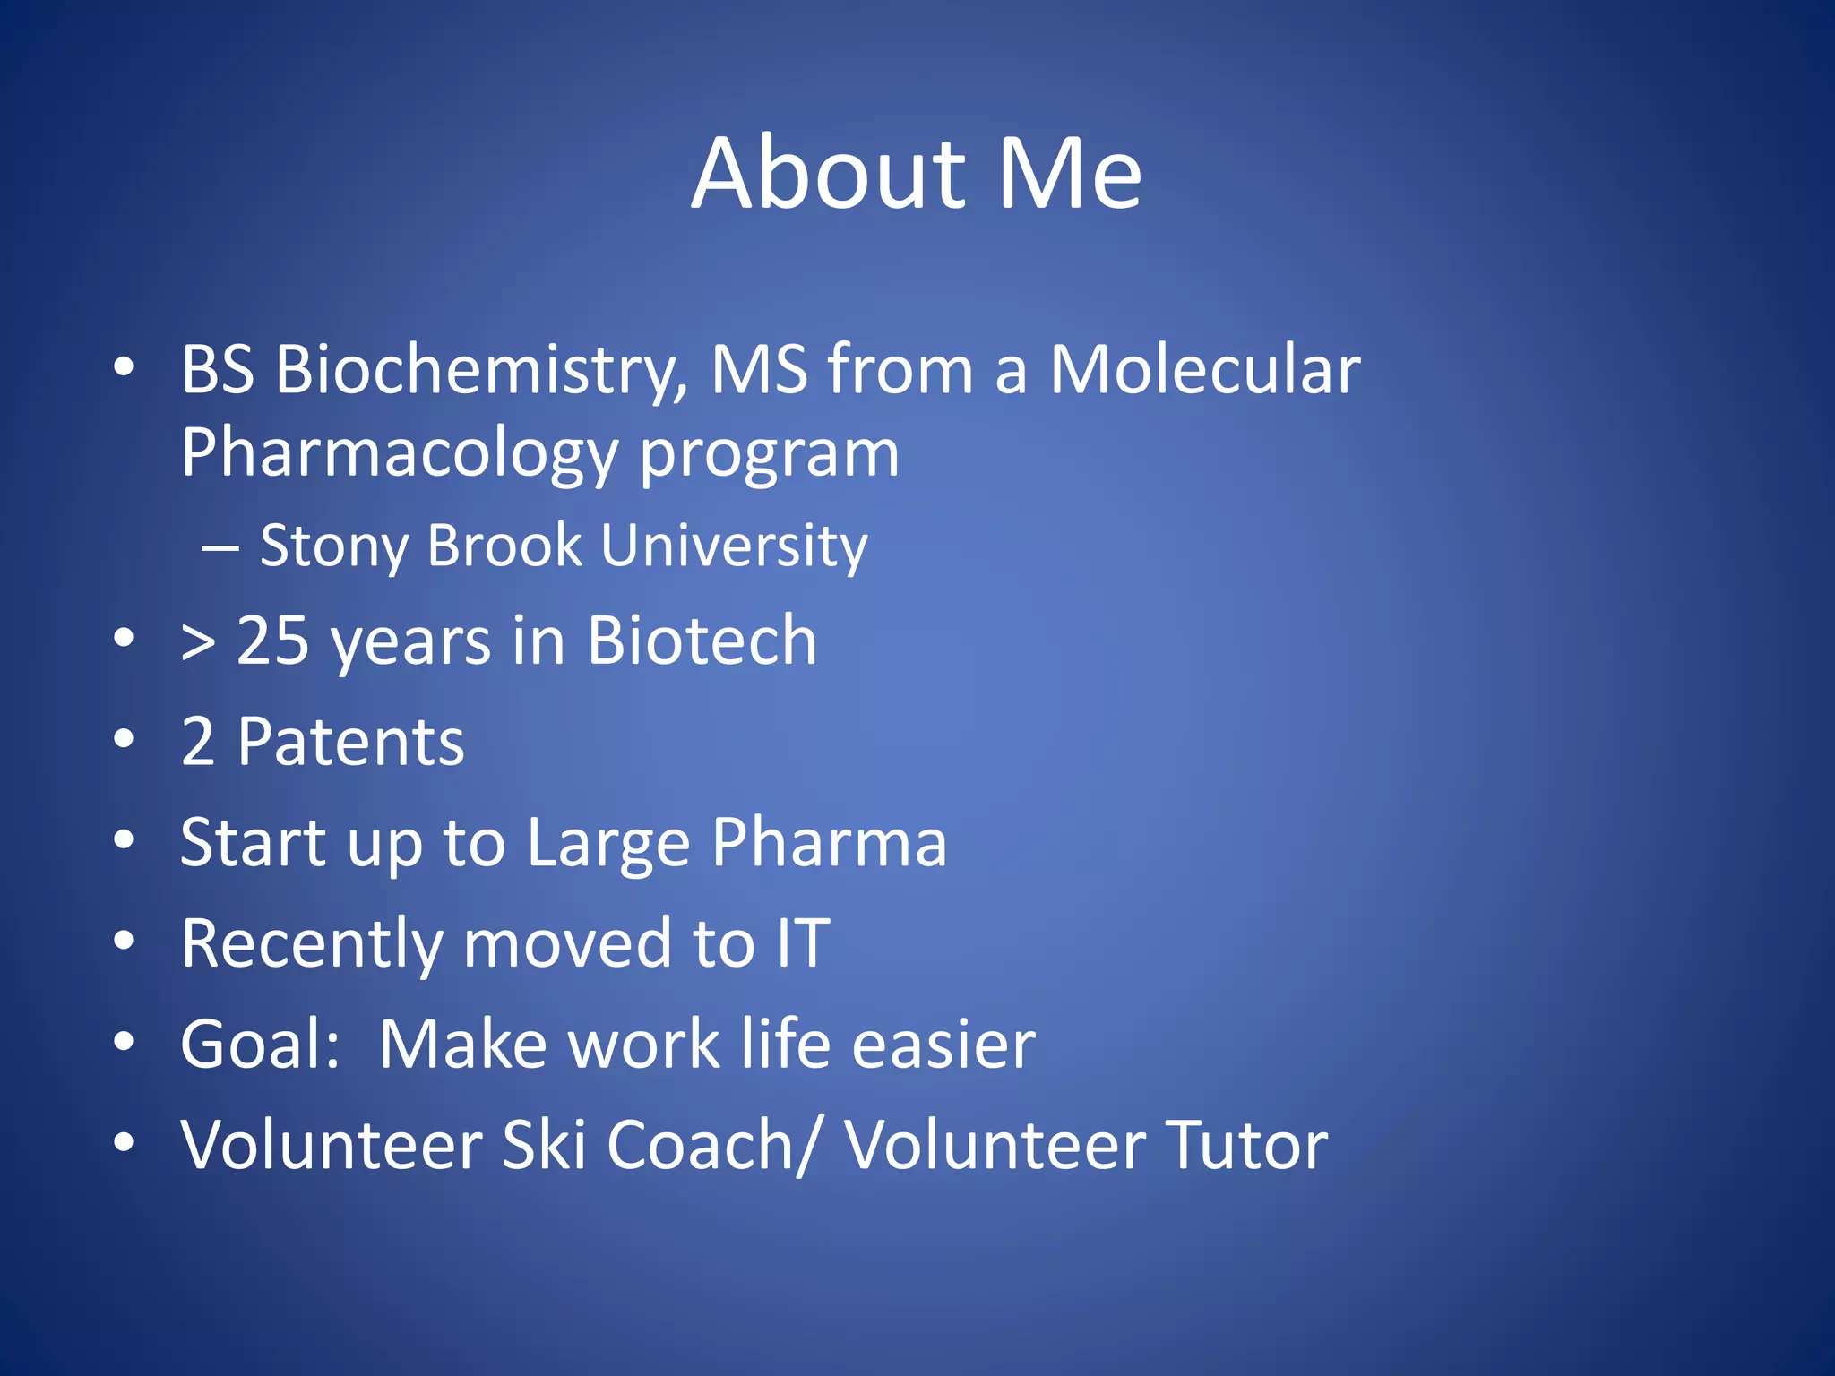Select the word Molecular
pos(1205,370)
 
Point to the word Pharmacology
pos(399,454)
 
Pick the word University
pos(734,546)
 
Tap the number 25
pos(273,641)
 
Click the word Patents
pos(350,743)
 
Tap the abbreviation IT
pos(803,944)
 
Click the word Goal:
pos(260,1045)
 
